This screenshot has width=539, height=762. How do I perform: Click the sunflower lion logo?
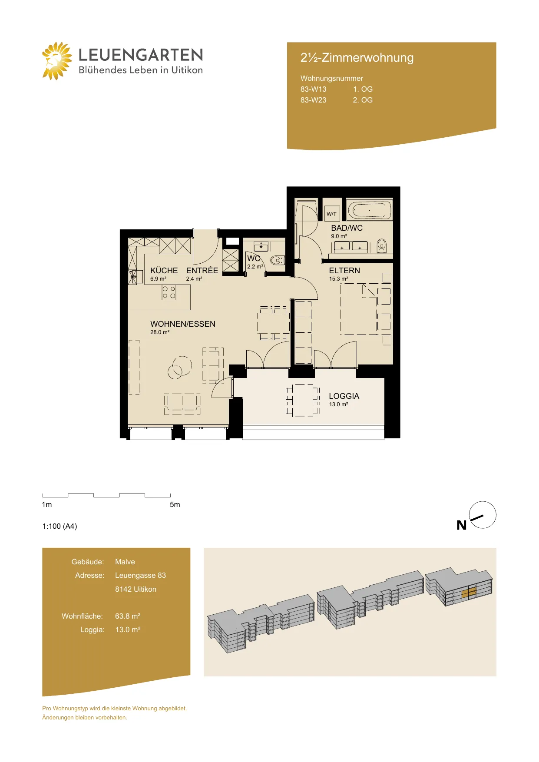coord(57,61)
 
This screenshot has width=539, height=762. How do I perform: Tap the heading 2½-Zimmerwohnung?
coord(357,58)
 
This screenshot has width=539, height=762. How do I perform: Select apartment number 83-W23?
coord(313,100)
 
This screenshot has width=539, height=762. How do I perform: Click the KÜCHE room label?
coord(164,270)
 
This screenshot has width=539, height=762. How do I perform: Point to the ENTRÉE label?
coord(202,270)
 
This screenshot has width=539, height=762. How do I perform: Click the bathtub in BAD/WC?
coord(369,210)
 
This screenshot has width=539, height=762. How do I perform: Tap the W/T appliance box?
coord(331,214)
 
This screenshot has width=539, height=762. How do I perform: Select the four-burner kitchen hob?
coord(169,292)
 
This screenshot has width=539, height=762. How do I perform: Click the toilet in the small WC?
coord(277,260)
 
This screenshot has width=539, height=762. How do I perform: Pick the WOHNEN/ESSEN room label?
coord(183,324)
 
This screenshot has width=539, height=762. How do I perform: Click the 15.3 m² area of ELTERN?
coord(338,279)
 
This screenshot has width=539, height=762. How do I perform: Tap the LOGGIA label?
coord(344,396)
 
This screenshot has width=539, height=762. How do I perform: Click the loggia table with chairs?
coord(303,401)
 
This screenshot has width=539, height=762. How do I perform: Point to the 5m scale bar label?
coord(175,504)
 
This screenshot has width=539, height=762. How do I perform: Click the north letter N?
coord(461,525)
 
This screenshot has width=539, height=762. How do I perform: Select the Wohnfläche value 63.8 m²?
coord(128,616)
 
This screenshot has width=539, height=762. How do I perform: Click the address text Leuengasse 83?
coord(140,575)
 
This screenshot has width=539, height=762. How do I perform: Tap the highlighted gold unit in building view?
coord(469,593)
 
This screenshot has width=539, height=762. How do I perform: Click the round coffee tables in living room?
coord(180,368)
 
